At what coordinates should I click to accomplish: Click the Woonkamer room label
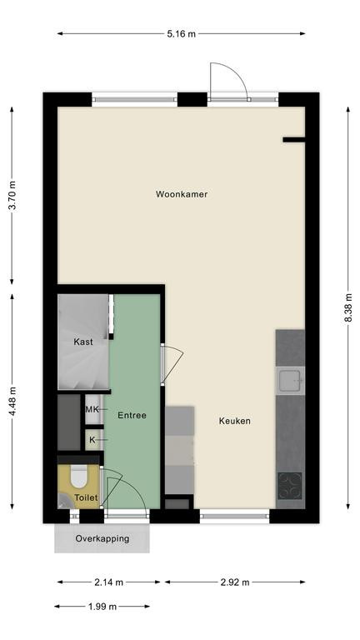click(x=181, y=194)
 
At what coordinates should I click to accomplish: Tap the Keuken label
click(x=235, y=421)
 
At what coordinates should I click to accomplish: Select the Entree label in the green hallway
click(x=132, y=416)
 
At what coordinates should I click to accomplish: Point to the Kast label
click(x=83, y=342)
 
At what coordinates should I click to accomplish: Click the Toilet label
click(x=86, y=497)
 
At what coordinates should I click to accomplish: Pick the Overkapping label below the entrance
click(x=102, y=538)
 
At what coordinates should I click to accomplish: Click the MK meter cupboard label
click(x=92, y=409)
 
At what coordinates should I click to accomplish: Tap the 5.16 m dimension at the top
click(x=181, y=34)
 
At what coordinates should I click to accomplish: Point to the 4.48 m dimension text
click(x=12, y=402)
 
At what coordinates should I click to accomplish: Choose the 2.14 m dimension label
click(x=109, y=582)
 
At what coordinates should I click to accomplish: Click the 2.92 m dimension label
click(x=235, y=582)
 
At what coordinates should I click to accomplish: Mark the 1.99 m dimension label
click(x=102, y=607)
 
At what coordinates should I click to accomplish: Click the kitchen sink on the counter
click(x=290, y=380)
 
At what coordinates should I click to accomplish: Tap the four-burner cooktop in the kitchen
click(x=290, y=486)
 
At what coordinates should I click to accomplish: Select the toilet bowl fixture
click(x=79, y=477)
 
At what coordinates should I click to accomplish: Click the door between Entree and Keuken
click(x=172, y=364)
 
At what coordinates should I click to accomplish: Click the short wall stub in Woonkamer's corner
click(x=294, y=140)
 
